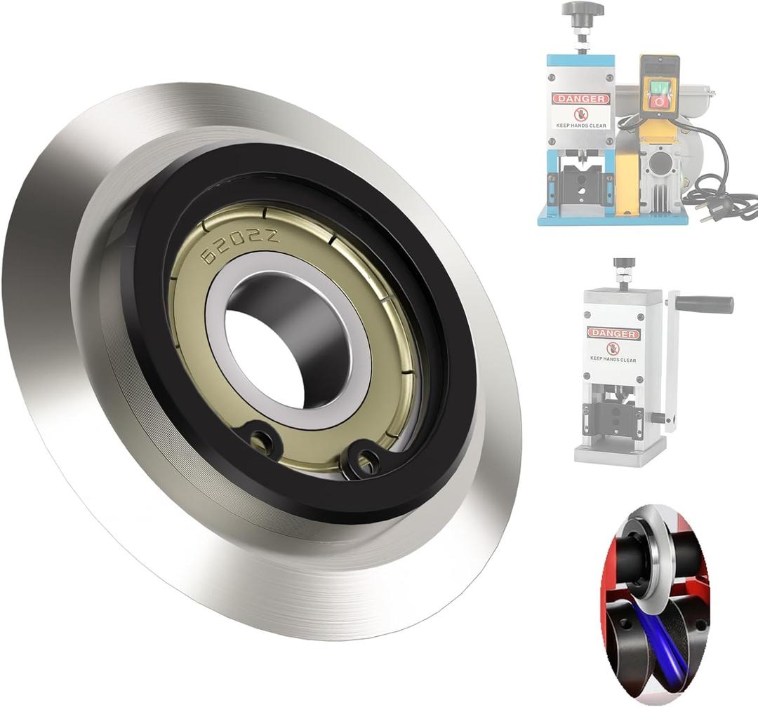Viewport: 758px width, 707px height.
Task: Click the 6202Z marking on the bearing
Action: pos(239,246)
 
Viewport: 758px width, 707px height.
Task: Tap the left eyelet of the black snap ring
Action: pos(263,440)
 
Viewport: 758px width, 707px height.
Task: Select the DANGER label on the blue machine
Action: pos(580,99)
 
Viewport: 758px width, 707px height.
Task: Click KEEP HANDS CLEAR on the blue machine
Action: pos(580,126)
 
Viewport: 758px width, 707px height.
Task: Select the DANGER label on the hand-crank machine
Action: pos(613,332)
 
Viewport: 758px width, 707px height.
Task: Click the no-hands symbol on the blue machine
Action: pos(580,114)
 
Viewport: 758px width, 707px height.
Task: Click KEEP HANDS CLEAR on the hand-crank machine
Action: pos(613,358)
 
